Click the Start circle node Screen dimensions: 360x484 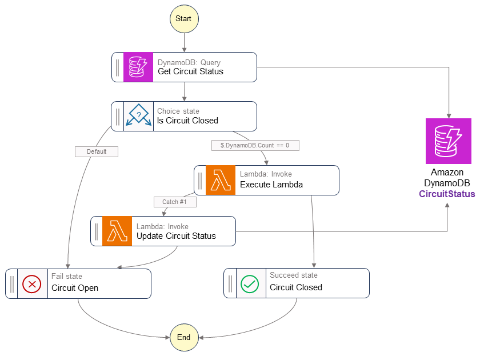183,19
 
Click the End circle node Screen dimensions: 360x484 183,337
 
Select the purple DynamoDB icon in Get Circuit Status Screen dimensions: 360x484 138,67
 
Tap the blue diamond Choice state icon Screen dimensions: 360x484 138,116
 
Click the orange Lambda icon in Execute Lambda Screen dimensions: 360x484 221,180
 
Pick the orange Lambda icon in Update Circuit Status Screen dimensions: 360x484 117,231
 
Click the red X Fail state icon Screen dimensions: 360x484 32,283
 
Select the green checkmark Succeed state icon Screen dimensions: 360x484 250,283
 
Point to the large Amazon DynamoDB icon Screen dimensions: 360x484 448,141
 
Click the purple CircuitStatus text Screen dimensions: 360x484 447,194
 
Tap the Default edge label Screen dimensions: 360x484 96,151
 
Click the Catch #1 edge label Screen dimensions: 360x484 174,202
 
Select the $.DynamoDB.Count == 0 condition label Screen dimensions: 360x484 255,145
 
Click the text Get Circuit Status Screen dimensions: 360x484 190,72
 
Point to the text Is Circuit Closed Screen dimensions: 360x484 187,121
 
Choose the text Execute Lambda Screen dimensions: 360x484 271,185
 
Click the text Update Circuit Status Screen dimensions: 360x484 176,236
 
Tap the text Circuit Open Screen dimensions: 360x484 75,288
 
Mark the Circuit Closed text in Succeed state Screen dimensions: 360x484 296,287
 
